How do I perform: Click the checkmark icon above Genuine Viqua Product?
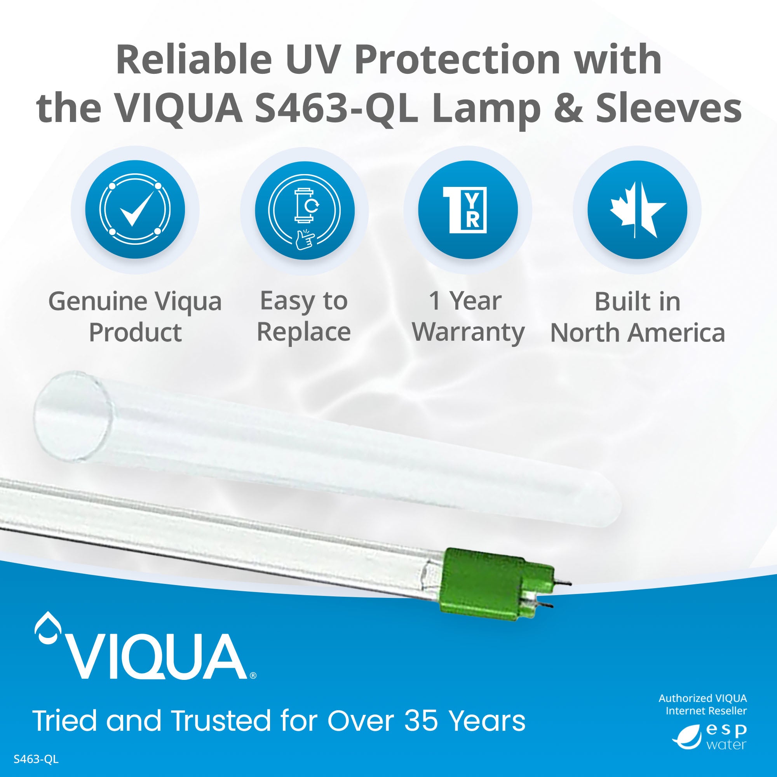(135, 209)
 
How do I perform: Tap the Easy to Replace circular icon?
(305, 209)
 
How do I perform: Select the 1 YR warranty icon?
(468, 209)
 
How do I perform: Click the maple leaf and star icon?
(637, 209)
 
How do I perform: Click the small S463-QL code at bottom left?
(36, 759)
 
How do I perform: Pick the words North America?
(638, 333)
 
